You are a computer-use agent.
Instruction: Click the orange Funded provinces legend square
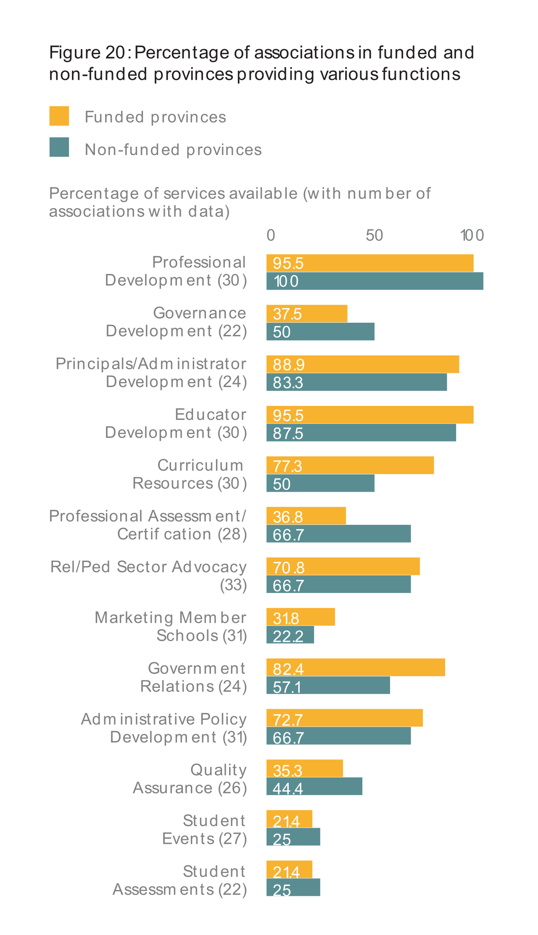coord(59,116)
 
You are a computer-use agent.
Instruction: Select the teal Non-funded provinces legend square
coord(59,147)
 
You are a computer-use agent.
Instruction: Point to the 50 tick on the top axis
coord(374,235)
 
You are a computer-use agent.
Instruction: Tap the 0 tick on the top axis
coord(271,235)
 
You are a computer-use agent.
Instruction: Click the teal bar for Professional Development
coord(374,281)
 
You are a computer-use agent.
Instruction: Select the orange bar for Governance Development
coord(307,313)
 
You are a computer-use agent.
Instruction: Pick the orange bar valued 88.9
coord(363,364)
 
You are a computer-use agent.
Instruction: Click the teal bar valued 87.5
coord(361,433)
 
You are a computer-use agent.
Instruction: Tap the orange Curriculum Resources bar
coord(350,466)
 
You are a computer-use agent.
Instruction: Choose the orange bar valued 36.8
coord(306,516)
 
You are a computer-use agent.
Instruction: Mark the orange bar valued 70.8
coord(343,566)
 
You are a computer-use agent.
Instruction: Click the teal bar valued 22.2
coord(290,635)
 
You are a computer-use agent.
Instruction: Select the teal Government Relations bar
coord(328,685)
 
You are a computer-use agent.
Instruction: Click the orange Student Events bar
coord(289,819)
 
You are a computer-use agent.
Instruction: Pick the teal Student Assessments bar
coord(293,888)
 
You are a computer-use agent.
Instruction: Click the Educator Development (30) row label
coord(176,424)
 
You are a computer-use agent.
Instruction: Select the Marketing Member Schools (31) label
coord(171,627)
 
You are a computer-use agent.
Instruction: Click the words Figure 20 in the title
coord(87,53)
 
